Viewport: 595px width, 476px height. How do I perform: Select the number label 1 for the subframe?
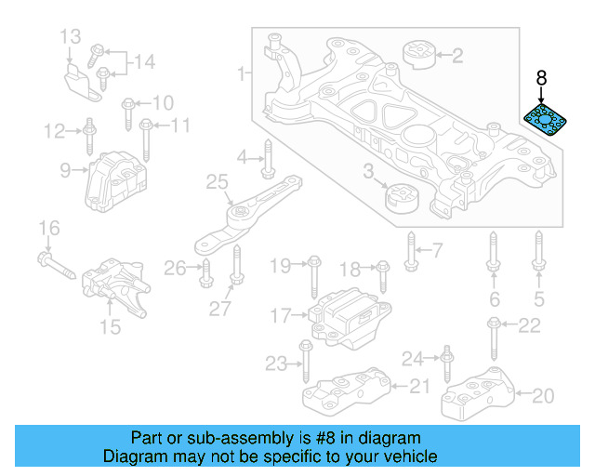243,73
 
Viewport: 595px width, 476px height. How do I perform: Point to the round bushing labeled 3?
403,198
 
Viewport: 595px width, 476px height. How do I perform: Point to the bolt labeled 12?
88,135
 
